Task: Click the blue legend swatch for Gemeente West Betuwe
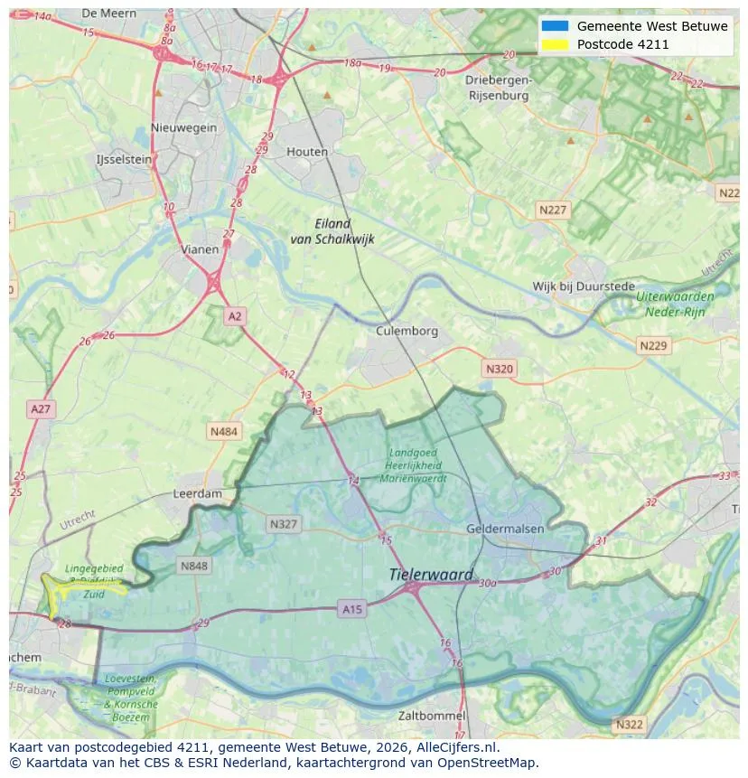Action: (555, 26)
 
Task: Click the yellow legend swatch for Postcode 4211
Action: (555, 44)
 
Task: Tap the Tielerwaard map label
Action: (431, 575)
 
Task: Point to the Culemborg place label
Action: (407, 332)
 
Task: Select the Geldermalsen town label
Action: (504, 528)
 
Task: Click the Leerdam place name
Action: (197, 494)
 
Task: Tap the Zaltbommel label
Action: (432, 716)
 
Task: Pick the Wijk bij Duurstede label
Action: (584, 286)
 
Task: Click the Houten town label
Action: (307, 152)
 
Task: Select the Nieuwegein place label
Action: (184, 127)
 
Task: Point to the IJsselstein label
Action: (124, 159)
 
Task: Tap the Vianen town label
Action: (199, 249)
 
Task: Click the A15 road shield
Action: (352, 610)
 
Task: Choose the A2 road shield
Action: (235, 316)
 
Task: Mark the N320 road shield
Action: (499, 369)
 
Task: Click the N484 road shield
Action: (224, 432)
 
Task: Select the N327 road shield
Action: (283, 523)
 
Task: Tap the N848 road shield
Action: (193, 567)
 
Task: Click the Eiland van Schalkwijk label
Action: (332, 231)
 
